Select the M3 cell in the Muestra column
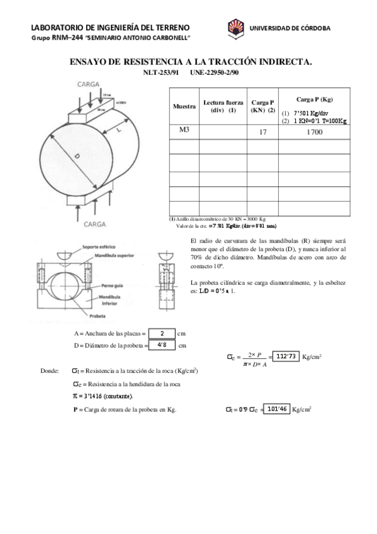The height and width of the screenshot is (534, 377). [x=184, y=131]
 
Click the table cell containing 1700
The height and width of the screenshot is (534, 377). [x=314, y=132]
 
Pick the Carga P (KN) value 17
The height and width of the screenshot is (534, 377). [x=262, y=132]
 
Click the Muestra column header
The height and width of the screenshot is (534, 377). [x=184, y=106]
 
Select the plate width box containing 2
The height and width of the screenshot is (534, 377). [x=162, y=333]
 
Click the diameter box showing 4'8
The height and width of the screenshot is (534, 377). [x=162, y=344]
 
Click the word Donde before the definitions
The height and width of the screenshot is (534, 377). [x=49, y=372]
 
